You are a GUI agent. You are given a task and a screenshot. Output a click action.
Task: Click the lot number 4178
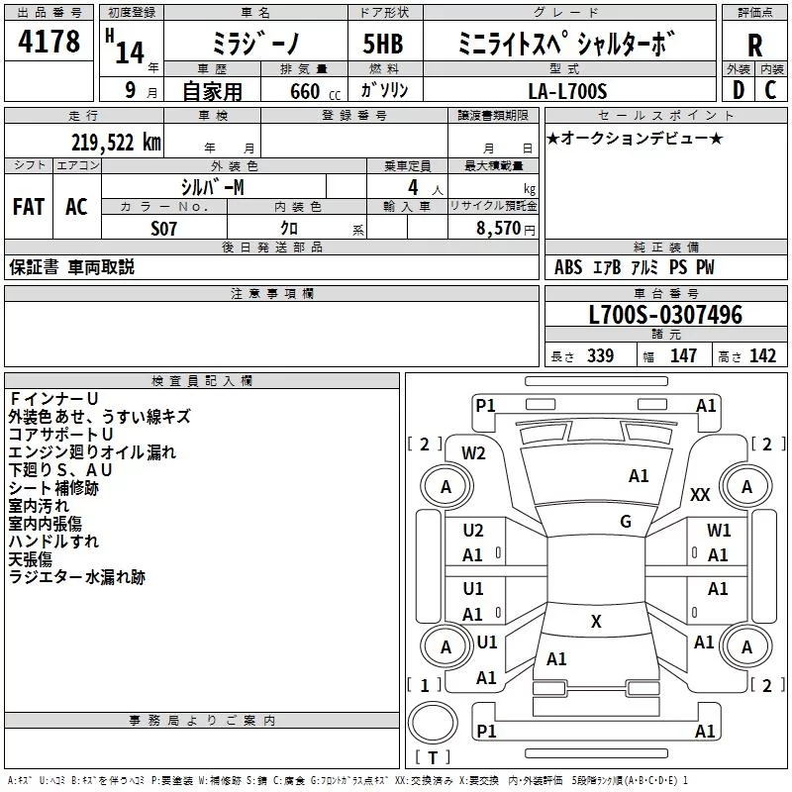(49, 43)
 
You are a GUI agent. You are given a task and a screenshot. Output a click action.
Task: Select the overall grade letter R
(754, 45)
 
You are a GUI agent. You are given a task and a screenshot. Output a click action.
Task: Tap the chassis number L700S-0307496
(664, 316)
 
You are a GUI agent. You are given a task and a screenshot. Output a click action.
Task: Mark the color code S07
(164, 228)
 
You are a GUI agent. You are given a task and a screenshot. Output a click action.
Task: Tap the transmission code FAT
(29, 207)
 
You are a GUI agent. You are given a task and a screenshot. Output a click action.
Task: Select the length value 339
(599, 356)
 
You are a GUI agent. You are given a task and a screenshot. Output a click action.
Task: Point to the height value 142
(761, 356)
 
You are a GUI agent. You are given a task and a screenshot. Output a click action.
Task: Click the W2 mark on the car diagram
(473, 453)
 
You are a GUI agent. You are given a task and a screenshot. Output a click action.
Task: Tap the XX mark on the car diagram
(700, 494)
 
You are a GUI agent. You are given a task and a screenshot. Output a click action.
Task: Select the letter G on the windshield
(626, 521)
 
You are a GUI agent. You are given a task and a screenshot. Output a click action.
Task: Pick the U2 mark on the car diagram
(473, 531)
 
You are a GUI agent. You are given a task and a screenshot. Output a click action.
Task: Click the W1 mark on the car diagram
(719, 531)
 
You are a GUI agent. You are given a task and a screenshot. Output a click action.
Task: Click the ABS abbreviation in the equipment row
(568, 267)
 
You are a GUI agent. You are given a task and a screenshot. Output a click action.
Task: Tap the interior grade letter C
(770, 91)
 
